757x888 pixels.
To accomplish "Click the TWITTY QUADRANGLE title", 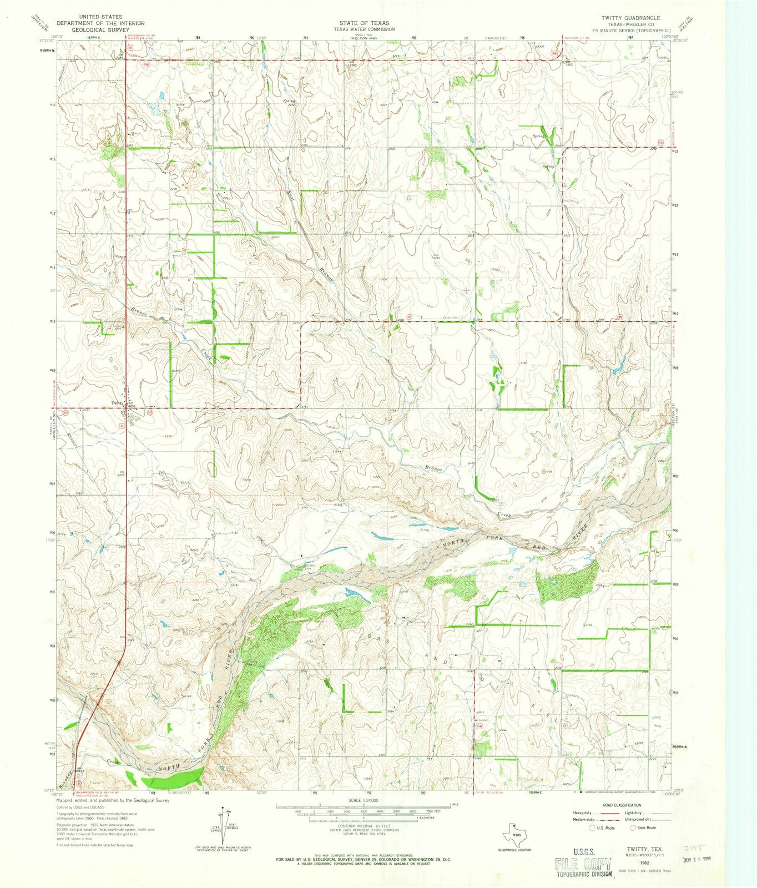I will (627, 18).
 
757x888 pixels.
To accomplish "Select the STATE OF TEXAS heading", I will (365, 23).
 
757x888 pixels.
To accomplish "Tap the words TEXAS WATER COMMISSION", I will (364, 29).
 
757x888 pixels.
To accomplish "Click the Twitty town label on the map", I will (117, 403).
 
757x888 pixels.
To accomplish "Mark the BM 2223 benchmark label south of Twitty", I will (122, 473).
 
